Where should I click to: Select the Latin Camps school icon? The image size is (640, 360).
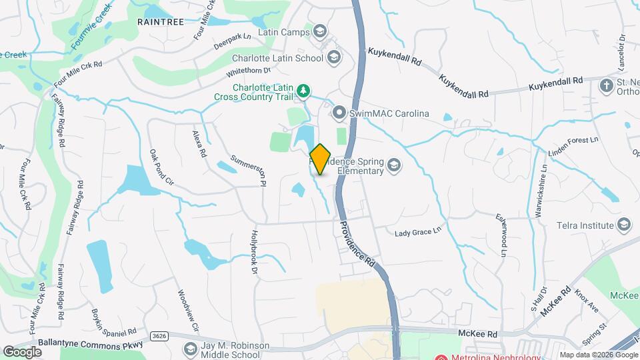point(320,32)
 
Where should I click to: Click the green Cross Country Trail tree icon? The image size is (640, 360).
point(303,91)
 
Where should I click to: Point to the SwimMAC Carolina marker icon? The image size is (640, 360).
point(340,113)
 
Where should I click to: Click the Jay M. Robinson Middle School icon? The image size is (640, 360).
point(191,349)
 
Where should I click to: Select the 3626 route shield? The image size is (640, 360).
point(158,335)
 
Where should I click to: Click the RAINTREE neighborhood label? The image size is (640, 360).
point(160,22)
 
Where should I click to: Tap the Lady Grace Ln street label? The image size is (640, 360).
point(419,233)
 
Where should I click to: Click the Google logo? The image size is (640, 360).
point(23,351)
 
